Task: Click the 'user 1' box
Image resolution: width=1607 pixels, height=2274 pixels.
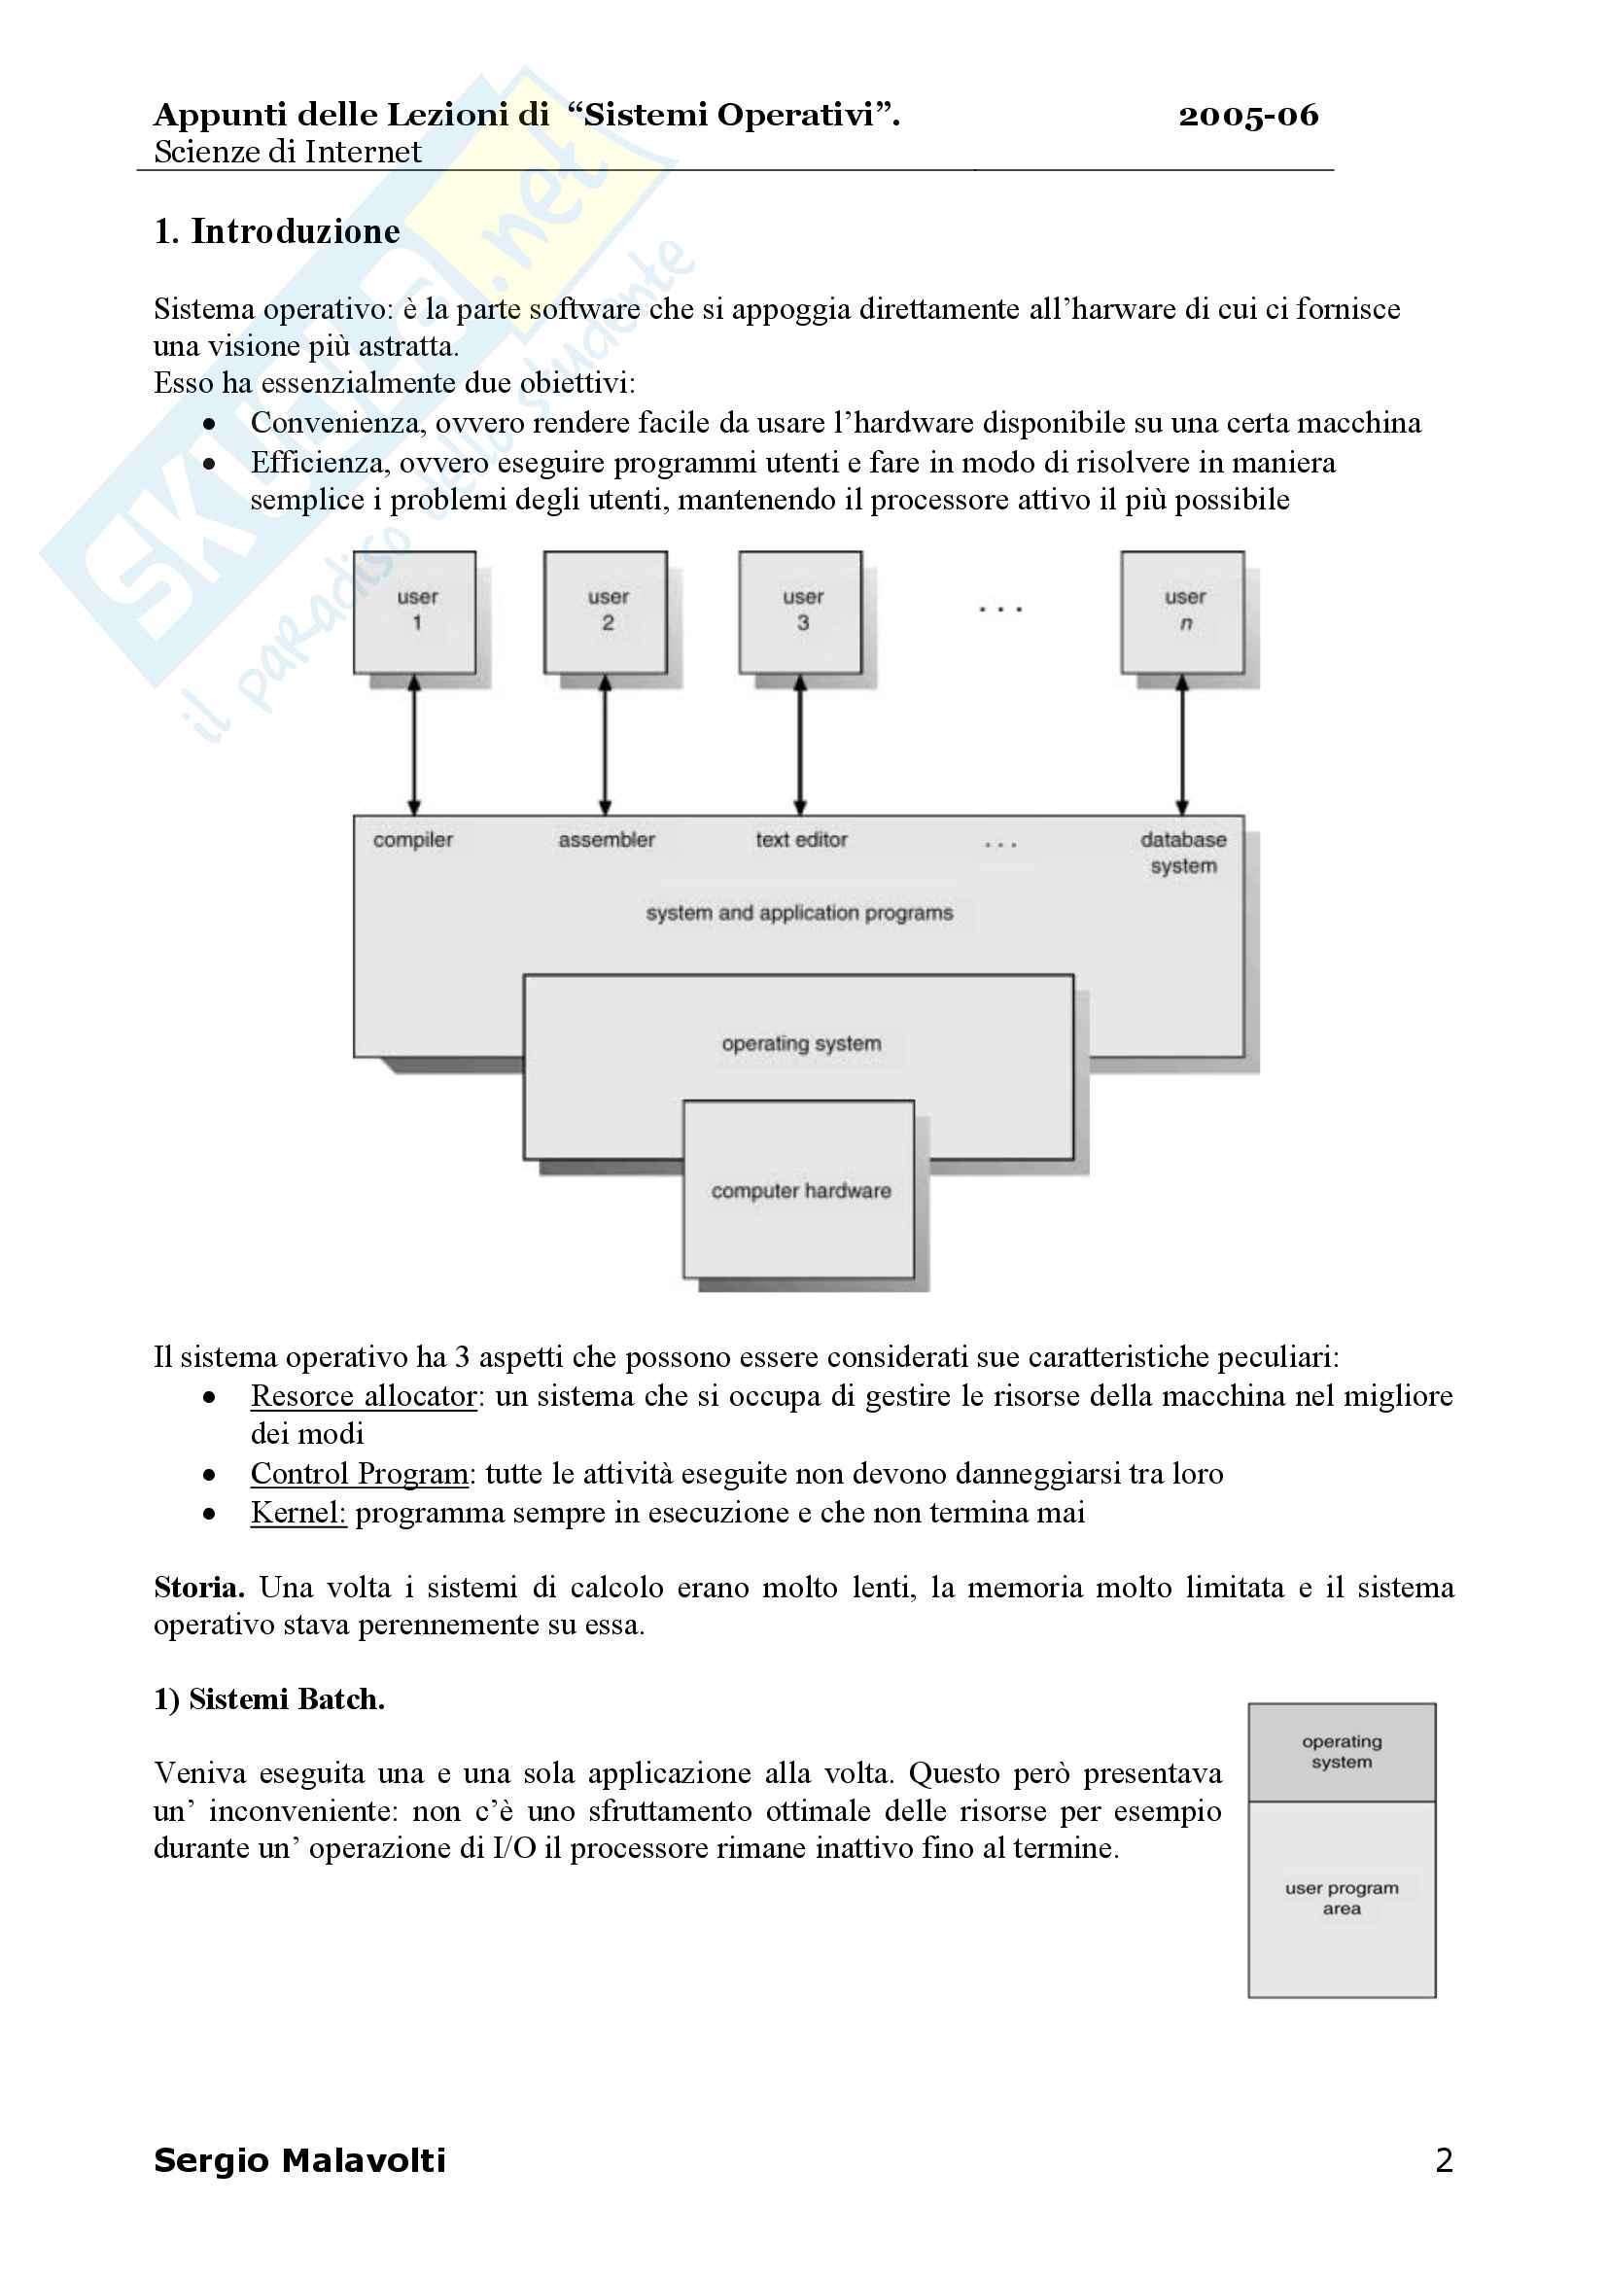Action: [x=415, y=612]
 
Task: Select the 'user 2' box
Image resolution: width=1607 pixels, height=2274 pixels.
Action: [x=605, y=612]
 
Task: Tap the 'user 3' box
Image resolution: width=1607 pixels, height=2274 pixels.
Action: [x=800, y=612]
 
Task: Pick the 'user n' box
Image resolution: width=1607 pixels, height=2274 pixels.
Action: [x=1182, y=612]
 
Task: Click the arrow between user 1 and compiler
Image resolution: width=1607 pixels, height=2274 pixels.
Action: [x=414, y=745]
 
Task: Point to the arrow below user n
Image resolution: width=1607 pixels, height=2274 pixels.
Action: [x=1181, y=745]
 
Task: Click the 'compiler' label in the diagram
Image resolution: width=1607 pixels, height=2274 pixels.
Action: [x=413, y=840]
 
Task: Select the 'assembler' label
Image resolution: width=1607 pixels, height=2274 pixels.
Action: [x=606, y=840]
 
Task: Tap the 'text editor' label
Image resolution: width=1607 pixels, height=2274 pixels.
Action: [x=801, y=840]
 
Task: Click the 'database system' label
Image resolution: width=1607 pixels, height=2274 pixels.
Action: [x=1183, y=852]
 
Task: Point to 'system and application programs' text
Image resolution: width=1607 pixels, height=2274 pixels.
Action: [x=799, y=912]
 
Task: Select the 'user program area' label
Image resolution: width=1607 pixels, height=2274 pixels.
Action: [x=1342, y=1898]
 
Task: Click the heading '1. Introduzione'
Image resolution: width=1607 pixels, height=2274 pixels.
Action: [x=277, y=231]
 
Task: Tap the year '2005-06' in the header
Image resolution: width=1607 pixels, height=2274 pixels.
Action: [x=1247, y=116]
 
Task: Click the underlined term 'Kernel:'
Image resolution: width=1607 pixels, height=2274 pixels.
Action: [x=298, y=1513]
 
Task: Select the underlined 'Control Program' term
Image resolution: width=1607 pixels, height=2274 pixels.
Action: [x=359, y=1473]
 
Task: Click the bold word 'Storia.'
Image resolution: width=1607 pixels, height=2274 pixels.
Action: [x=199, y=1588]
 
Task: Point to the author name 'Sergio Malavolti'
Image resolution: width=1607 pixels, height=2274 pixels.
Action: [x=300, y=2160]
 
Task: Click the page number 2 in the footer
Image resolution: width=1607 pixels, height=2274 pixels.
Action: [x=1444, y=2160]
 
